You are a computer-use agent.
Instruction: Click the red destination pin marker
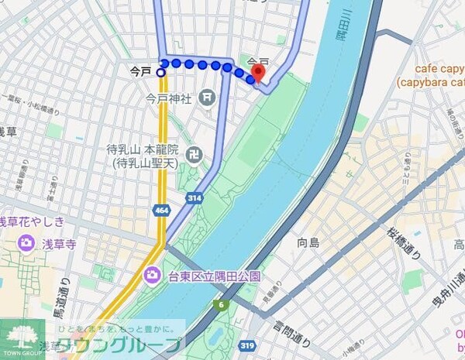[x=258, y=72]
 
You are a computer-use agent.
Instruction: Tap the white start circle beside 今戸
[x=161, y=72]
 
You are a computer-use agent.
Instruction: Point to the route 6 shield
[x=223, y=304]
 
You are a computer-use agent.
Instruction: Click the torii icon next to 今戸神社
[x=207, y=98]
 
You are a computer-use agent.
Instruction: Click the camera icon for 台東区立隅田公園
[x=153, y=275]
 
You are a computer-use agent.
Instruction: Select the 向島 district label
[x=308, y=243]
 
